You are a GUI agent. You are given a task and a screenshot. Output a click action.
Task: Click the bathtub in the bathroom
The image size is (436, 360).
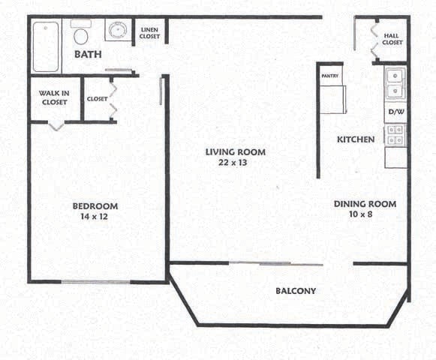(x=47, y=46)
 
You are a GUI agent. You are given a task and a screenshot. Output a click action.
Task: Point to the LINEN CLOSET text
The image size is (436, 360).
(x=150, y=33)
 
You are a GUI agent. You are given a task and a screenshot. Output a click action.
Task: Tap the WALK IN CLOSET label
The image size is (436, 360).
(x=53, y=98)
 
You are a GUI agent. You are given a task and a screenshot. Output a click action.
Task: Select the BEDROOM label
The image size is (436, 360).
(x=95, y=206)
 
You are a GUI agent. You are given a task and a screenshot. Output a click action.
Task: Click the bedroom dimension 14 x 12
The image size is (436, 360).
(x=95, y=217)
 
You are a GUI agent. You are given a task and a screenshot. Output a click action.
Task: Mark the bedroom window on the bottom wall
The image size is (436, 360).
(x=89, y=281)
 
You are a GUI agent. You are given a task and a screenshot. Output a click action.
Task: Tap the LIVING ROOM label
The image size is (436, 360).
(x=236, y=152)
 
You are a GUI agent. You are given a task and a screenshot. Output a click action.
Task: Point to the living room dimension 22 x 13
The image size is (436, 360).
(x=236, y=163)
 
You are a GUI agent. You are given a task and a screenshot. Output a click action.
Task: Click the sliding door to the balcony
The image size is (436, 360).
(x=260, y=262)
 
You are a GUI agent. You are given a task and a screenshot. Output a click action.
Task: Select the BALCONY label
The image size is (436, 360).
(x=295, y=292)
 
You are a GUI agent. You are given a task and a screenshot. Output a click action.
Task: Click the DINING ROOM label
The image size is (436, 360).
(x=364, y=204)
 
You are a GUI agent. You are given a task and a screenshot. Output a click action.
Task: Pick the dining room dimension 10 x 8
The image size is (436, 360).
(x=364, y=214)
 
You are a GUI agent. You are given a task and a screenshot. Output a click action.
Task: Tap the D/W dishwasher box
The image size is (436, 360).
(x=395, y=112)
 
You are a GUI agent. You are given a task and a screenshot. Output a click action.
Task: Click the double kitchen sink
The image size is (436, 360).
(x=395, y=83)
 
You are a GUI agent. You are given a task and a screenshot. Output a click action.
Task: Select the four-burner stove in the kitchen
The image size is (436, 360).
(x=395, y=136)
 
